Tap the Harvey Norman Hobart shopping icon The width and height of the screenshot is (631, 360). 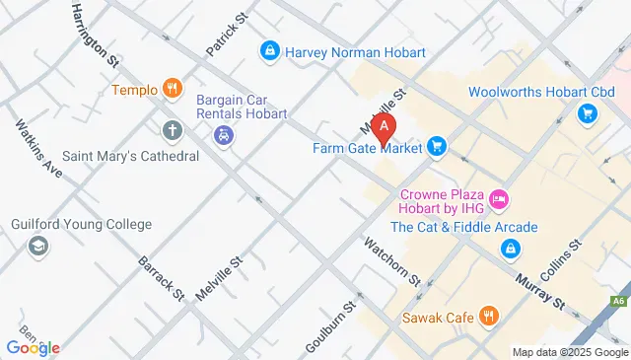(268, 49)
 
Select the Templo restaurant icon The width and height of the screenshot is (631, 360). (174, 90)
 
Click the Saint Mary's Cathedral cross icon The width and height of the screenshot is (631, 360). (173, 129)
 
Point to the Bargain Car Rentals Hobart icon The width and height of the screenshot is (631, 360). (225, 135)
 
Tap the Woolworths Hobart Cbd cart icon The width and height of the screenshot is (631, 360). (588, 114)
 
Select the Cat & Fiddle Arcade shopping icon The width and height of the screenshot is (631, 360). (511, 249)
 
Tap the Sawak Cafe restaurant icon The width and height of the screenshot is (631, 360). (487, 317)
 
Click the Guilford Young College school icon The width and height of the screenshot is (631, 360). (38, 247)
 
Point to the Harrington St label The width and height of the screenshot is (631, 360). (96, 35)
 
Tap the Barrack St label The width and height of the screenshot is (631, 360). (162, 278)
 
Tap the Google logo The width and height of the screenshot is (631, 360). (33, 347)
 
